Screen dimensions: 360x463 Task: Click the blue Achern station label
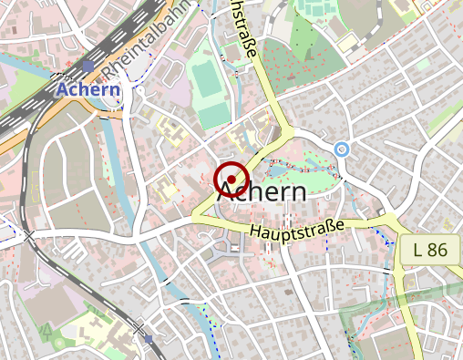click(x=87, y=89)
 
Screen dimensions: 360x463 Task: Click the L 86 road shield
click(x=428, y=249)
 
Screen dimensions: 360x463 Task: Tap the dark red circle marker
click(x=231, y=180)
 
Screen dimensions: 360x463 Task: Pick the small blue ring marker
click(x=342, y=149)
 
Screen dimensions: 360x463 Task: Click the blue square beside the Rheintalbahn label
click(x=87, y=67)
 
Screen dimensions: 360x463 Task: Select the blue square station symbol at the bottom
click(x=149, y=338)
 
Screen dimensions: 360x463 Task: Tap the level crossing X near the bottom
click(x=138, y=326)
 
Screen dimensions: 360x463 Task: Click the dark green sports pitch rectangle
click(x=208, y=79)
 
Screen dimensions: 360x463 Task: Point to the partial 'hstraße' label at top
click(x=241, y=32)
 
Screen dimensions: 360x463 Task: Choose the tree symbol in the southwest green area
click(x=45, y=329)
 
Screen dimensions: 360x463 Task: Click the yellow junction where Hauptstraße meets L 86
click(x=393, y=224)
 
